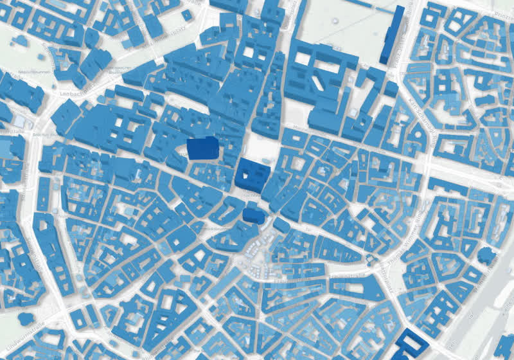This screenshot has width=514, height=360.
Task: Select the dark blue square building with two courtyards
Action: click(253, 174)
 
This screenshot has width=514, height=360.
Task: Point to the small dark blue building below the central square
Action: click(253, 213)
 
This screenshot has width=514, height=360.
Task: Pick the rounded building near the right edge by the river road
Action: click(488, 256)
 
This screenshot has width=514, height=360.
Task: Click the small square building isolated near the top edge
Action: click(187, 14)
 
